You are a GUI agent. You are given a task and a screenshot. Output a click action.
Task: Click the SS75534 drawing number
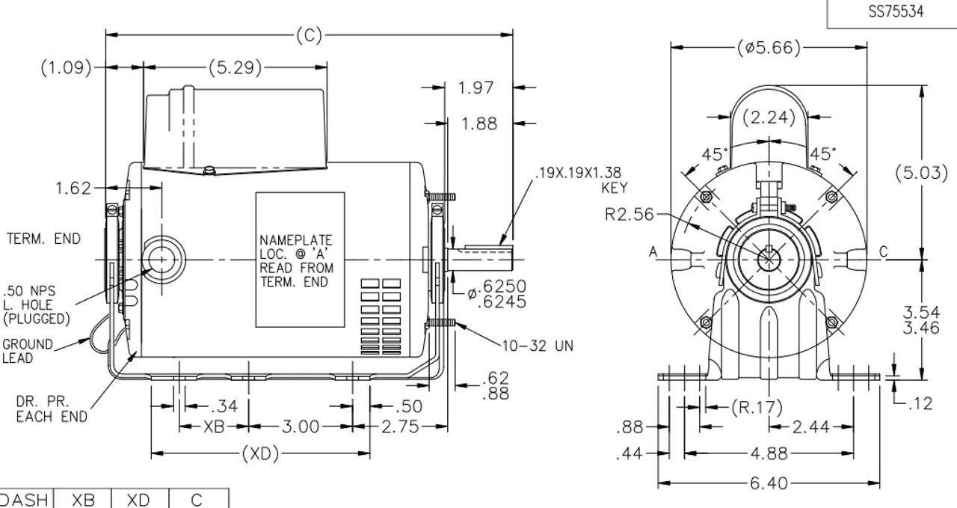(896, 12)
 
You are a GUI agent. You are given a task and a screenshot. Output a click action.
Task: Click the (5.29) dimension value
(236, 68)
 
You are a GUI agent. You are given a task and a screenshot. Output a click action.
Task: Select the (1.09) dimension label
(66, 68)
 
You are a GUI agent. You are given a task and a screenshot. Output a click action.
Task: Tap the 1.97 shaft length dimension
(476, 88)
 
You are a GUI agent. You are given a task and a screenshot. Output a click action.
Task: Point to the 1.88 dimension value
(478, 123)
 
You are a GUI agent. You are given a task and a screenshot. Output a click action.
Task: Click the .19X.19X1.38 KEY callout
(579, 180)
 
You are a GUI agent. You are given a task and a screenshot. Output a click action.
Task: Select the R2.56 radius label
(628, 215)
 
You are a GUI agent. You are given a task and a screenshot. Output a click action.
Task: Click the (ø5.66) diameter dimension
(769, 48)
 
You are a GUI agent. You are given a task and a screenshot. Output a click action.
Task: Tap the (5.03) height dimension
(921, 173)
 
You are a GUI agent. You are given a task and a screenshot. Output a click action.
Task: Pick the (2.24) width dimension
(769, 117)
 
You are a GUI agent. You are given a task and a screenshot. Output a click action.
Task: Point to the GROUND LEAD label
(28, 351)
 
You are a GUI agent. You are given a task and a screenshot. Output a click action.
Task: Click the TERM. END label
(43, 239)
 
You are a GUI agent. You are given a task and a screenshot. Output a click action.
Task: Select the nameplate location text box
(300, 260)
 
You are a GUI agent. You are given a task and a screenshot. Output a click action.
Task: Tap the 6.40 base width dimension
(769, 484)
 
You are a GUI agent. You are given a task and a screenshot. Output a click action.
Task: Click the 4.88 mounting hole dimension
(769, 453)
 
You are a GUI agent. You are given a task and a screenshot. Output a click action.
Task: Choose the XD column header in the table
(140, 500)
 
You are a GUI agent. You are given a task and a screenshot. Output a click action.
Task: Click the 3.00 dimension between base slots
(299, 427)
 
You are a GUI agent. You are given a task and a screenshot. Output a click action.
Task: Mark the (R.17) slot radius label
(757, 407)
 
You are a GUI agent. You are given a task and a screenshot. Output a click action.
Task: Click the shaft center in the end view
(768, 259)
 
